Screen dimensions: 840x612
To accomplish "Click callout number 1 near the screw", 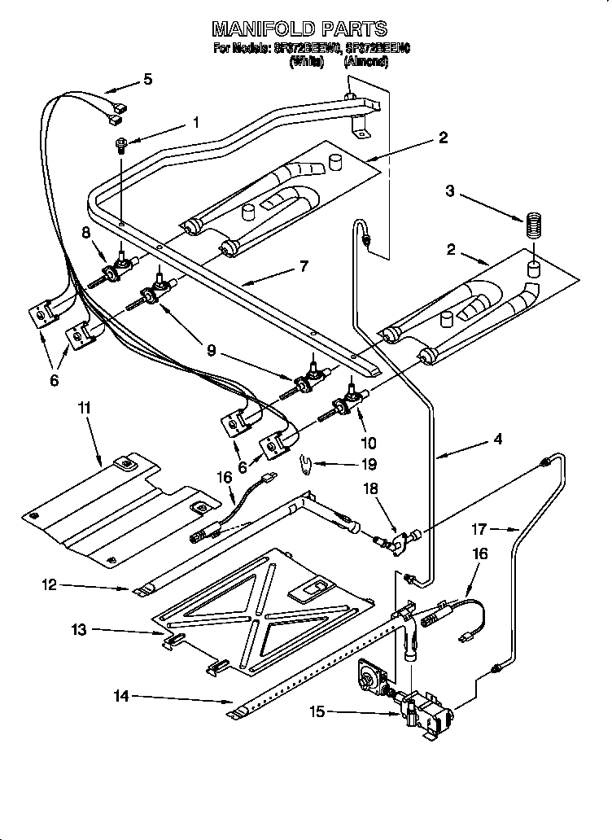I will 195,123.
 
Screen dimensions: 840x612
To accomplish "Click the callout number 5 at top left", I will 147,79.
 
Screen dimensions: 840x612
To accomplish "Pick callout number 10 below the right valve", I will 369,443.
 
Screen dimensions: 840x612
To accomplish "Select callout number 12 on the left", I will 50,584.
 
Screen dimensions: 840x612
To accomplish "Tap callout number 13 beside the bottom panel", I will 78,629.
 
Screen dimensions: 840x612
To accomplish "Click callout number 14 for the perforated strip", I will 121,696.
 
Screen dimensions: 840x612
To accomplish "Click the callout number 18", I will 371,490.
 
